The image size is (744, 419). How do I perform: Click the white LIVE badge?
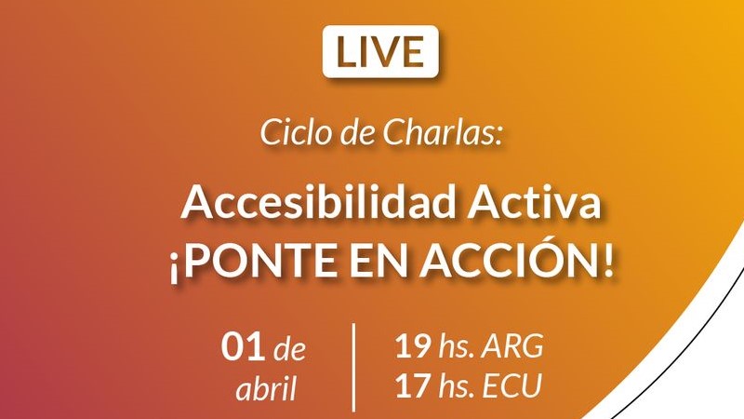coord(380,51)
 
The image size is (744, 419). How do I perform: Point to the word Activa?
coord(534,203)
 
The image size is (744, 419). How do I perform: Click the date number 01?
coord(243,345)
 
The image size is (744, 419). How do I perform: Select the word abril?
coord(267,388)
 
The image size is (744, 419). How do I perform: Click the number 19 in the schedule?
coord(413,345)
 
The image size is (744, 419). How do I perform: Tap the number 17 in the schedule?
coord(413,385)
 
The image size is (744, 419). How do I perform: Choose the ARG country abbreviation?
coord(513,345)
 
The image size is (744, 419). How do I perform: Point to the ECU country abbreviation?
coord(512,385)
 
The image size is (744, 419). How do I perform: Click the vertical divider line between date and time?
coord(354,368)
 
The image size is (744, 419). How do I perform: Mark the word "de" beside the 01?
coord(289,349)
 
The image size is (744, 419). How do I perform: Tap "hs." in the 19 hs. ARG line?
coord(457,345)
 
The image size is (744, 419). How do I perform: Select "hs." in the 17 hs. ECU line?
coord(457,385)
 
